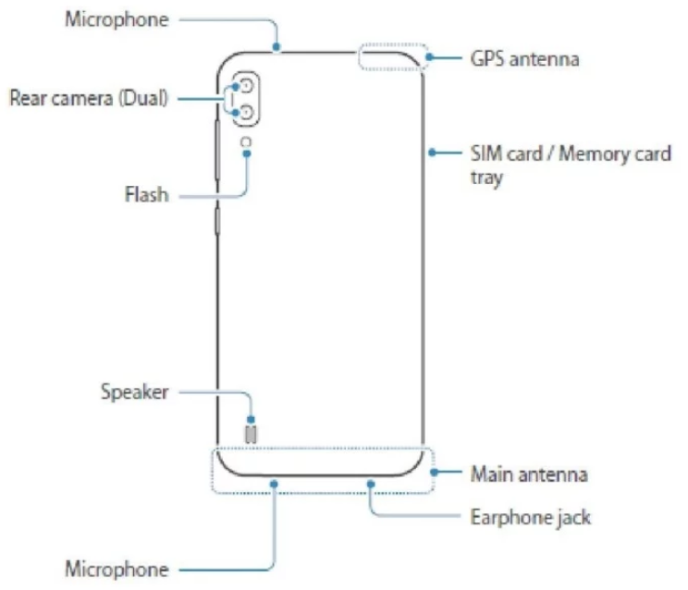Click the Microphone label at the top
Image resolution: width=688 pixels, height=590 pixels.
(117, 19)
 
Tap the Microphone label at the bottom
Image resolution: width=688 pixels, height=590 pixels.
(117, 568)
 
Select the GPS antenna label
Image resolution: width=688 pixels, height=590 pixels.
(524, 59)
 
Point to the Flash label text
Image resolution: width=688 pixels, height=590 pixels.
(145, 195)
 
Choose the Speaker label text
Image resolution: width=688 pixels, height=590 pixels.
(135, 392)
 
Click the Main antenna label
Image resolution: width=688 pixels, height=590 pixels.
(529, 475)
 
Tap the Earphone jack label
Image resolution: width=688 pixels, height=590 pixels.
(530, 517)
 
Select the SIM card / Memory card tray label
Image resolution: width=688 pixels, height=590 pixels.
(568, 164)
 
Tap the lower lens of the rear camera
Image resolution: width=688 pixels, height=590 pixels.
(247, 113)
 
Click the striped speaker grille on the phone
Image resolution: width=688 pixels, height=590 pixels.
(250, 433)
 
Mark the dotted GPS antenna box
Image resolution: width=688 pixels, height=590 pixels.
(391, 55)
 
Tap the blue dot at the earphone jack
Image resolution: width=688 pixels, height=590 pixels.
(370, 481)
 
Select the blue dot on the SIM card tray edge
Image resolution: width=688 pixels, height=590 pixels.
(429, 153)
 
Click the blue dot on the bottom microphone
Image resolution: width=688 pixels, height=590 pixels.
(275, 481)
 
